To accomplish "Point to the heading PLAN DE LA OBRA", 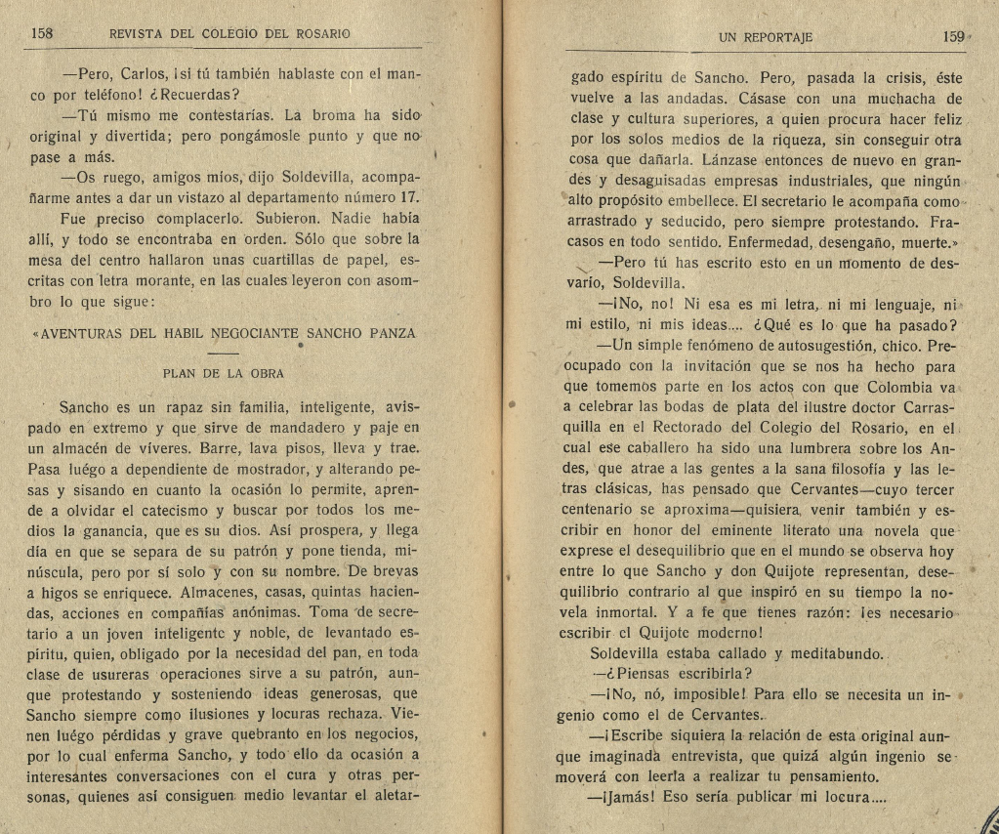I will click(223, 372).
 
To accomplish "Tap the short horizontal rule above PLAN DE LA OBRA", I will click(223, 352).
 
